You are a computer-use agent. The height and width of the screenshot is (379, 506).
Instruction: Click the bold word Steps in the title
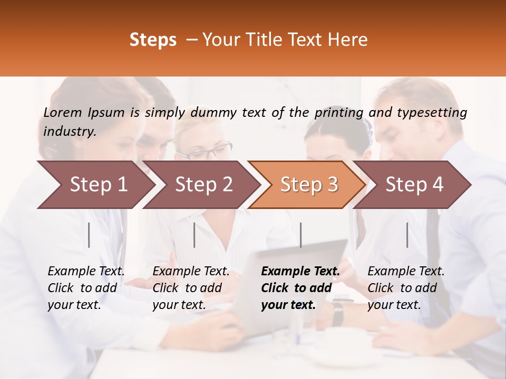pos(153,40)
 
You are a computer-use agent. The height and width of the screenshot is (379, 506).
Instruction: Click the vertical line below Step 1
pos(89,235)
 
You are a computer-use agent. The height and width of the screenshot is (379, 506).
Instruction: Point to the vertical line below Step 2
pos(194,235)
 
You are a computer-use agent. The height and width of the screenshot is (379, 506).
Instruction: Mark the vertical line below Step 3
pos(300,235)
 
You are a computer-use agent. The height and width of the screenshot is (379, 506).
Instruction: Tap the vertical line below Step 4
pos(407,235)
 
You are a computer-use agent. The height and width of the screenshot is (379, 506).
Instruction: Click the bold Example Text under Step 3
pos(300,272)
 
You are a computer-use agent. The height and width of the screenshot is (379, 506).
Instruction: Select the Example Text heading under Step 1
pos(86,272)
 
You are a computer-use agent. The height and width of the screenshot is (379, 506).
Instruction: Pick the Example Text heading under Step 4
pos(406,272)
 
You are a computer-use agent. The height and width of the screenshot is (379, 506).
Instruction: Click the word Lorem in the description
pos(63,113)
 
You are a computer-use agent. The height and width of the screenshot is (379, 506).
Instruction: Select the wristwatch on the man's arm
pos(337,312)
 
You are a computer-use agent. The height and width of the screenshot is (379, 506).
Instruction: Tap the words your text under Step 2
pos(179,305)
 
